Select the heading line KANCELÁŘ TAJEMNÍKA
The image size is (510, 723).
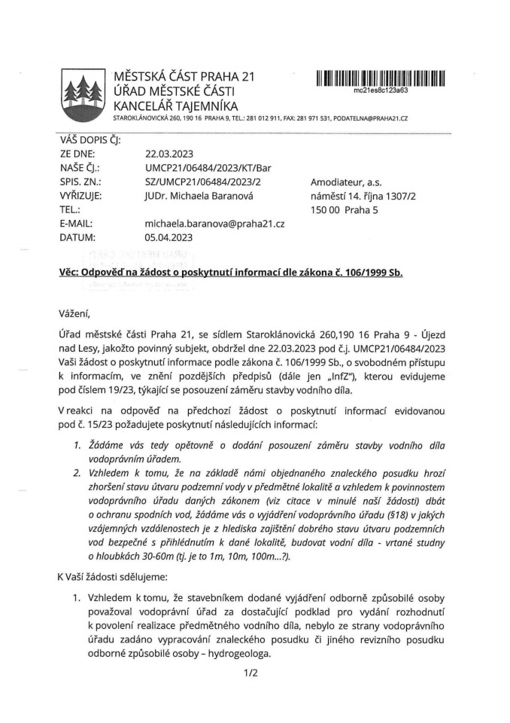click(175, 106)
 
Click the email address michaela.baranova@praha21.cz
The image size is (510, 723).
click(214, 224)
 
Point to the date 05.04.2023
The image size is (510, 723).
click(169, 238)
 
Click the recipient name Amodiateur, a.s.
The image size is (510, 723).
click(344, 182)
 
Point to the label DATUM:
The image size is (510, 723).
click(78, 238)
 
